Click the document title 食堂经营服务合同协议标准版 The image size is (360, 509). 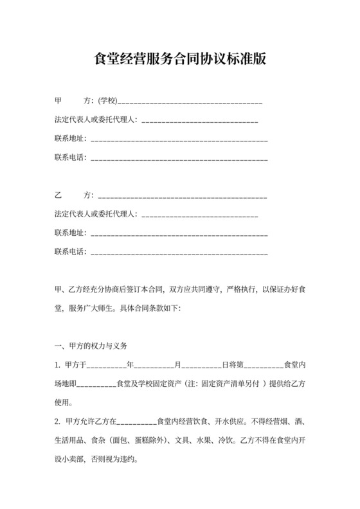pos(180,59)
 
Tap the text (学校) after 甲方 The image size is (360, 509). pos(107,102)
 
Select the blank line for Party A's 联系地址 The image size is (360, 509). pos(179,139)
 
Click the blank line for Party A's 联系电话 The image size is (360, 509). pos(179,158)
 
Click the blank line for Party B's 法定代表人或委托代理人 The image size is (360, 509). pos(199,215)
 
